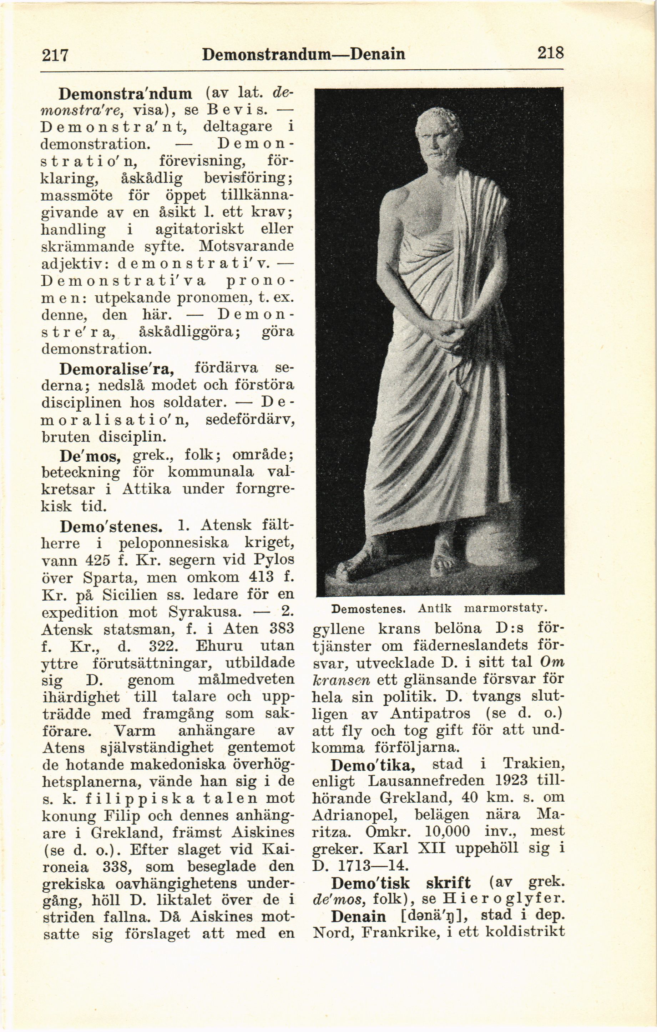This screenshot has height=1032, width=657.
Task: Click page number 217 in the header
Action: click(55, 55)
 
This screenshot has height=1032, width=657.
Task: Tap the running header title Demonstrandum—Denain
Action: click(303, 54)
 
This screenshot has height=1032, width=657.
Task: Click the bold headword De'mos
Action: click(90, 456)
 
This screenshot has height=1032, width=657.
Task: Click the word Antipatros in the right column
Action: click(430, 714)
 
